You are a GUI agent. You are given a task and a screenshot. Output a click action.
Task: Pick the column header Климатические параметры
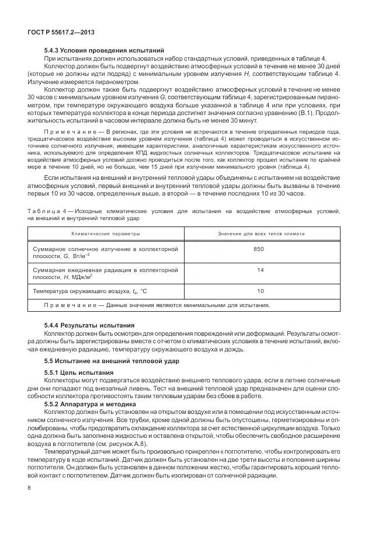coord(106,233)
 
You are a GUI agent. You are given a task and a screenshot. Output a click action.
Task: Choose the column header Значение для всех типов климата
coord(261,233)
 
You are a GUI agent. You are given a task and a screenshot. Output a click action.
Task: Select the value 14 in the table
coord(260,270)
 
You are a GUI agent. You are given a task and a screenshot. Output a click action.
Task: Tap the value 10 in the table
coord(260,291)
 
